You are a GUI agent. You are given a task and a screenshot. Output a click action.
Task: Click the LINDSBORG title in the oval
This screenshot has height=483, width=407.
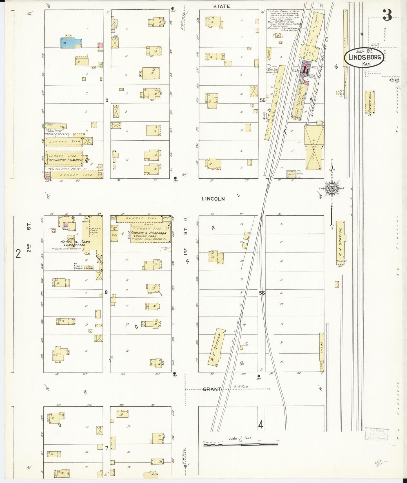pyautogui.click(x=364, y=57)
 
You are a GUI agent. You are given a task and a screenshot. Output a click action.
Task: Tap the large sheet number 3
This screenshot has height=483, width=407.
pyautogui.click(x=387, y=15)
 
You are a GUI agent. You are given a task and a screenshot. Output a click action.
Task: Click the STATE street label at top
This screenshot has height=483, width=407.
pyautogui.click(x=221, y=6)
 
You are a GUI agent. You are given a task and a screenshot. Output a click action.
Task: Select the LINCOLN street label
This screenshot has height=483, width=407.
pyautogui.click(x=213, y=199)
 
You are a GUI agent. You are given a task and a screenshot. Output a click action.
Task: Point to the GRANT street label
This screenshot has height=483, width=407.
pyautogui.click(x=212, y=389)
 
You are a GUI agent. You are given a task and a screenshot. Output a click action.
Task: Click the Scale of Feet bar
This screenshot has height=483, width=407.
pyautogui.click(x=241, y=445)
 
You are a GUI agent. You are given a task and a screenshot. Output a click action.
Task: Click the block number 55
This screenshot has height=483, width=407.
pyautogui.click(x=263, y=100)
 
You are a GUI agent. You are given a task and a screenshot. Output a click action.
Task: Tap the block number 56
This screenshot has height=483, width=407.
pyautogui.click(x=262, y=293)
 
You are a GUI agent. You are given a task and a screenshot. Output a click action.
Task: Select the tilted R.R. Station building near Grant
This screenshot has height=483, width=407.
pyautogui.click(x=217, y=347)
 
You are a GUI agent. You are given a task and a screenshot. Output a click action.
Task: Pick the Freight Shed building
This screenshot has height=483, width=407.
pyautogui.click(x=370, y=102)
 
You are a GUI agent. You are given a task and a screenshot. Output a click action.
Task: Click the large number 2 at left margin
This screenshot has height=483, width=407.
pyautogui.click(x=18, y=254)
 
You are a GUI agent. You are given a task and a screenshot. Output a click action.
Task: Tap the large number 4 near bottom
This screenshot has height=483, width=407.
pyautogui.click(x=261, y=424)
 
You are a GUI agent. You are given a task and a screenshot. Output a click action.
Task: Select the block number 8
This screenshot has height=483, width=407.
pyautogui.click(x=106, y=292)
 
